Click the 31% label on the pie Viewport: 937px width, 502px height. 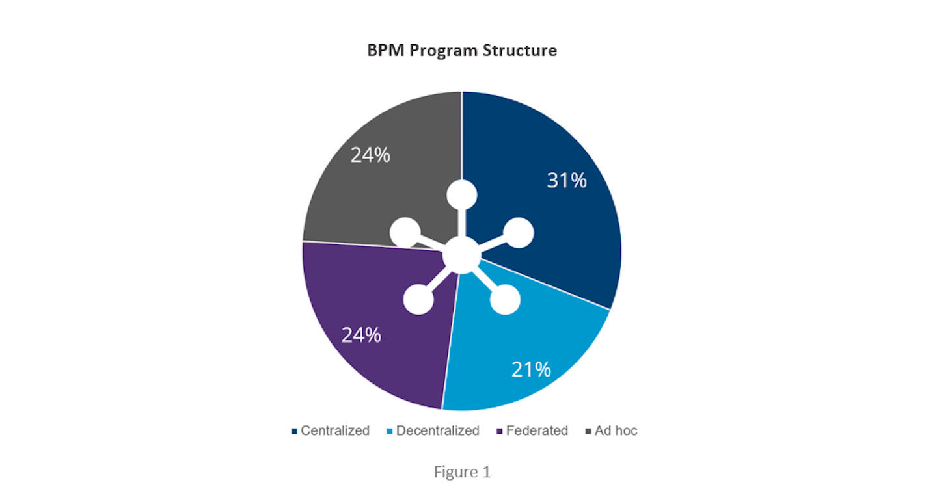[566, 180]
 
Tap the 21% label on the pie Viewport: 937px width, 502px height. [531, 369]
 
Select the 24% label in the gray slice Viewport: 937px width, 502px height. [370, 155]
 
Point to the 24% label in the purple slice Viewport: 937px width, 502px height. [361, 335]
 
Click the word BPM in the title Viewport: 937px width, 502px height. [384, 51]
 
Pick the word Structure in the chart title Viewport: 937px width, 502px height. [519, 51]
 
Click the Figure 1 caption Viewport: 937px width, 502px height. [462, 472]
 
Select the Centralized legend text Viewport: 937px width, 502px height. [335, 430]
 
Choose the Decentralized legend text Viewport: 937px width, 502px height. [437, 430]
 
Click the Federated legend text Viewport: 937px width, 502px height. [537, 430]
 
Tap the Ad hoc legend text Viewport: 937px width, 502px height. [616, 430]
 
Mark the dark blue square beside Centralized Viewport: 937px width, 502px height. [294, 431]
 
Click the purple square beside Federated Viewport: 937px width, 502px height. [499, 431]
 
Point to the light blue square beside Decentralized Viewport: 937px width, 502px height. [389, 431]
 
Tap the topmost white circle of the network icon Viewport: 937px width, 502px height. [462, 195]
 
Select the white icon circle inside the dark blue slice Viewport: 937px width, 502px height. [519, 233]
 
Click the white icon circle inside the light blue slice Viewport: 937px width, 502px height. [505, 300]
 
